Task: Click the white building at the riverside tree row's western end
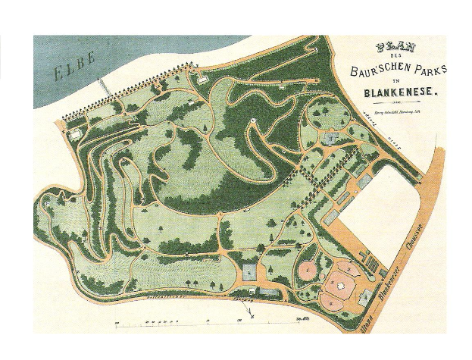point(74,133)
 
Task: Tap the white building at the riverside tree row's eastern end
point(201,78)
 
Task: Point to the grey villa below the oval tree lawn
point(330,137)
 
